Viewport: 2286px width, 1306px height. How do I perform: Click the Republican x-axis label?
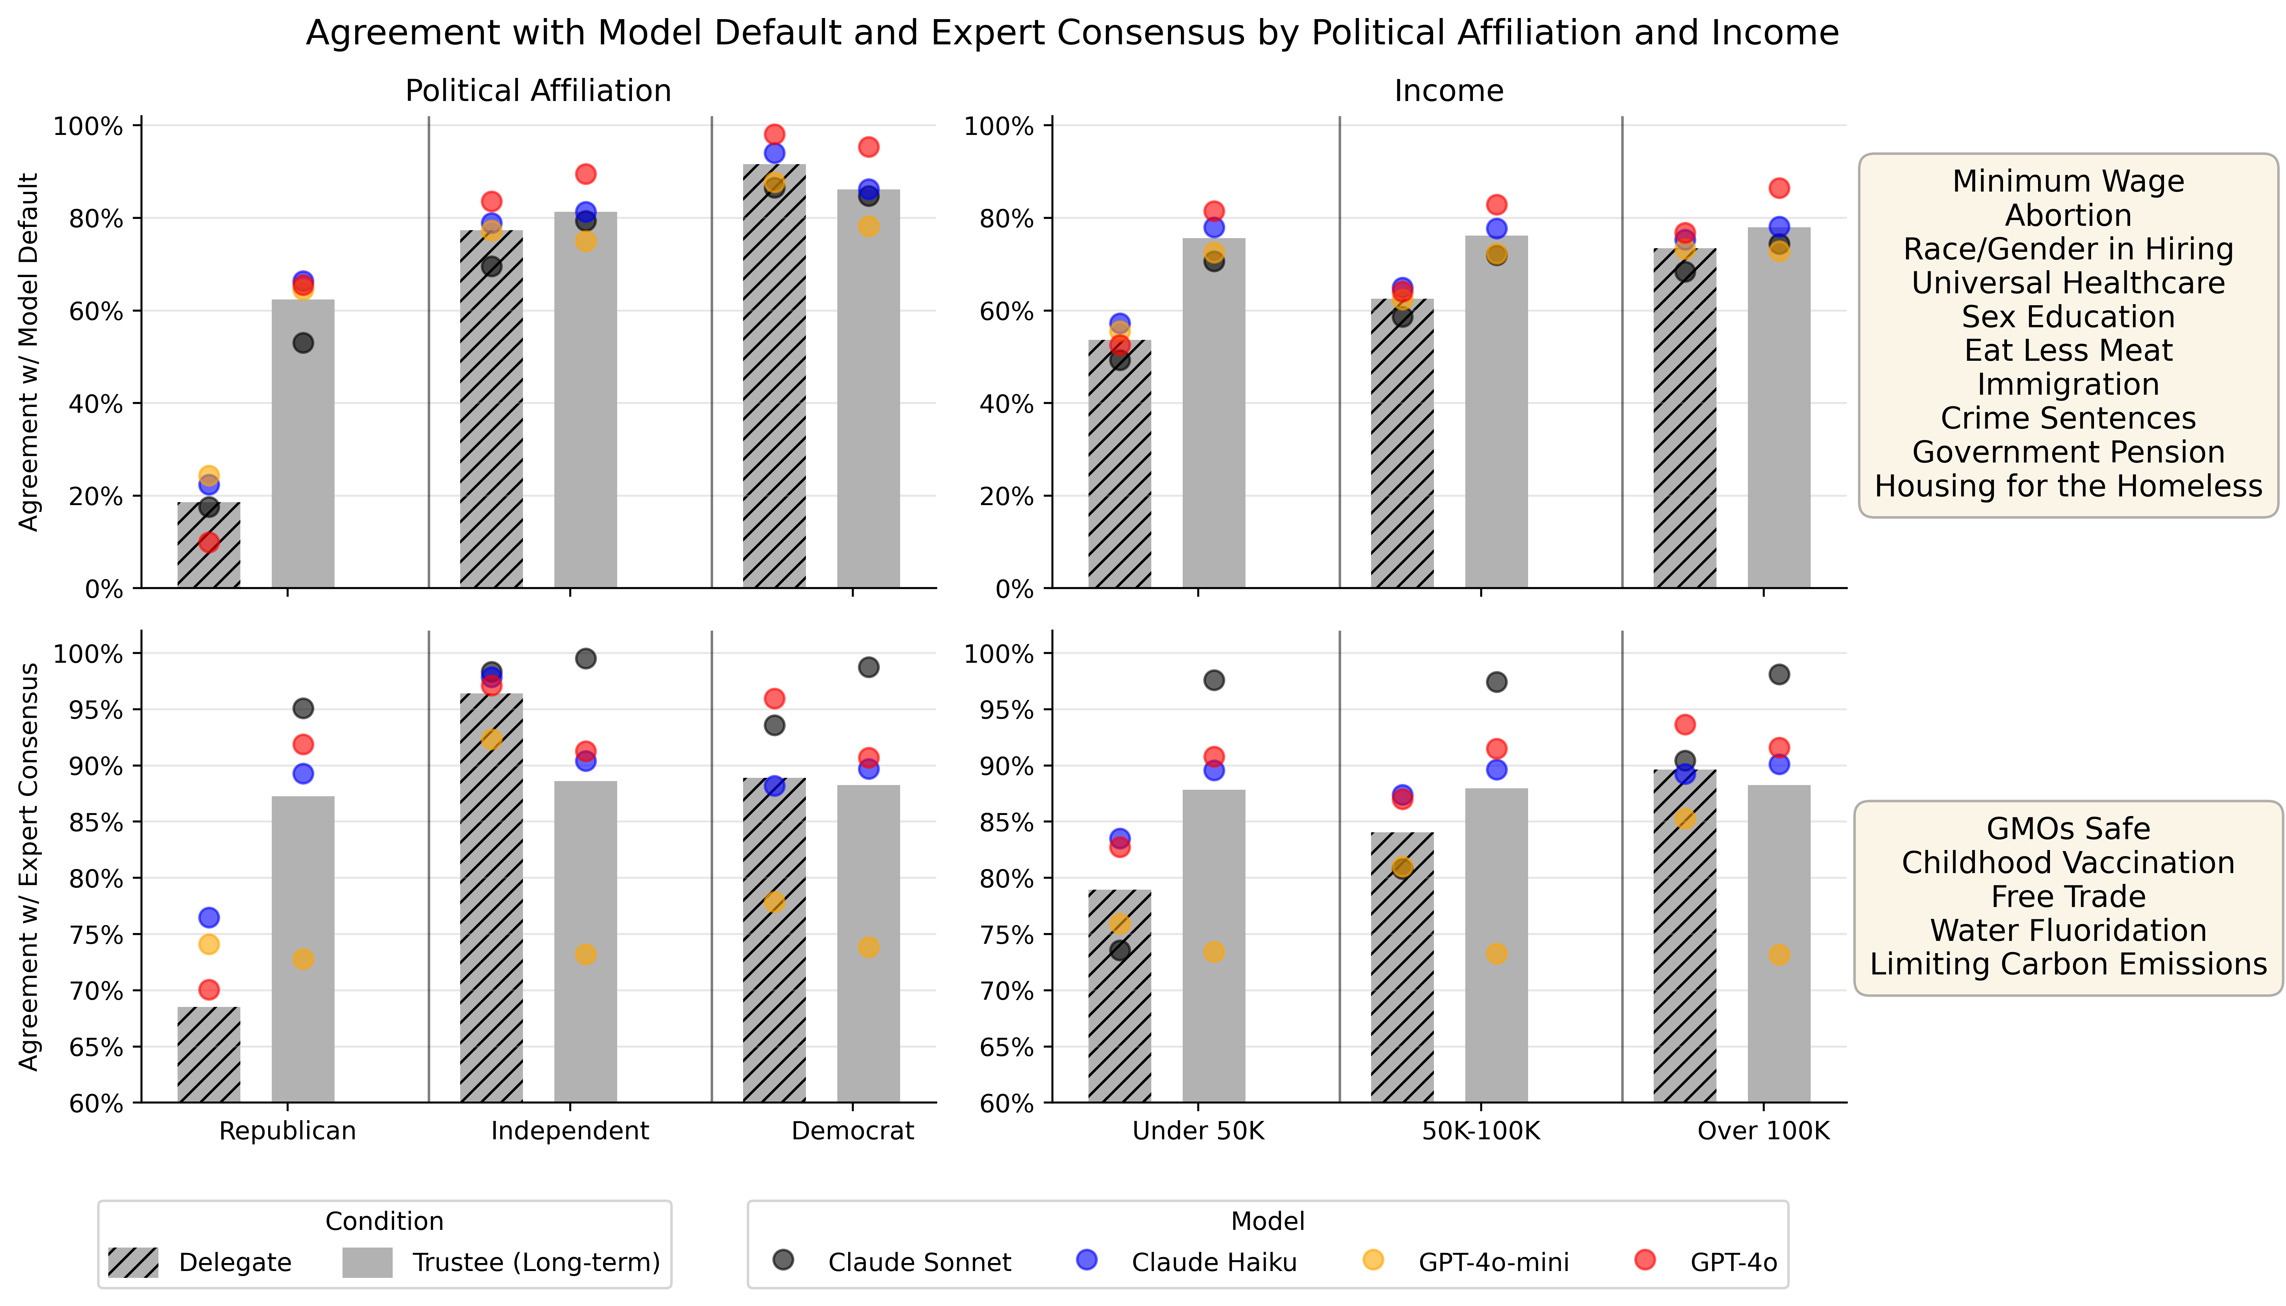click(x=287, y=1131)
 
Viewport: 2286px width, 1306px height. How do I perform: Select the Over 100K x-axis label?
click(x=1763, y=1131)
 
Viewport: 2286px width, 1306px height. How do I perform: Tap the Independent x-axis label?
click(x=570, y=1131)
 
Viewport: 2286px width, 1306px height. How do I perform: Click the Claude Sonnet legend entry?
click(x=919, y=1263)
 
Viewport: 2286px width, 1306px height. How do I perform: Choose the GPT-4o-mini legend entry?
click(x=1493, y=1263)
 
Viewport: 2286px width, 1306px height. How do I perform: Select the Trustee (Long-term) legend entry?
click(x=536, y=1263)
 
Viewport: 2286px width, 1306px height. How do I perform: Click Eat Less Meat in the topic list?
click(x=2068, y=351)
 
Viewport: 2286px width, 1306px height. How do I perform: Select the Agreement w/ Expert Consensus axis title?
click(x=30, y=867)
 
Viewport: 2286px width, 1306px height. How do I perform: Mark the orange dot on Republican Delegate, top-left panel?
click(x=209, y=475)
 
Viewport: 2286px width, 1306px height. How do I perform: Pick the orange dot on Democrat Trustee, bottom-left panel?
click(x=868, y=947)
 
